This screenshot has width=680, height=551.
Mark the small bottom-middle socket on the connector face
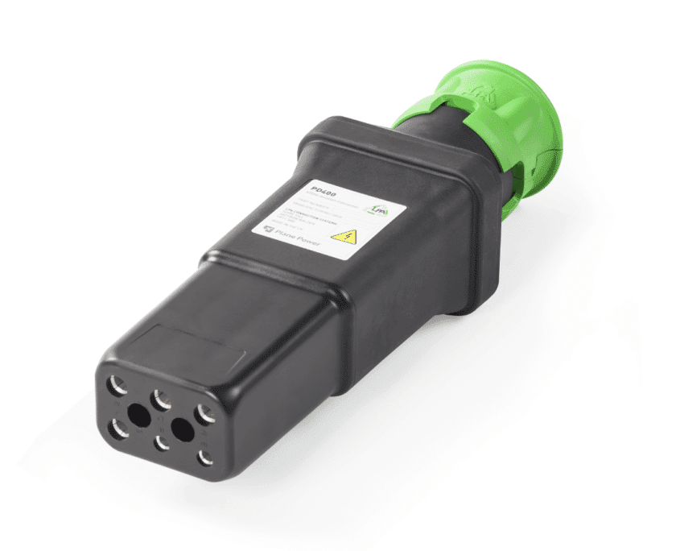pos(162,443)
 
